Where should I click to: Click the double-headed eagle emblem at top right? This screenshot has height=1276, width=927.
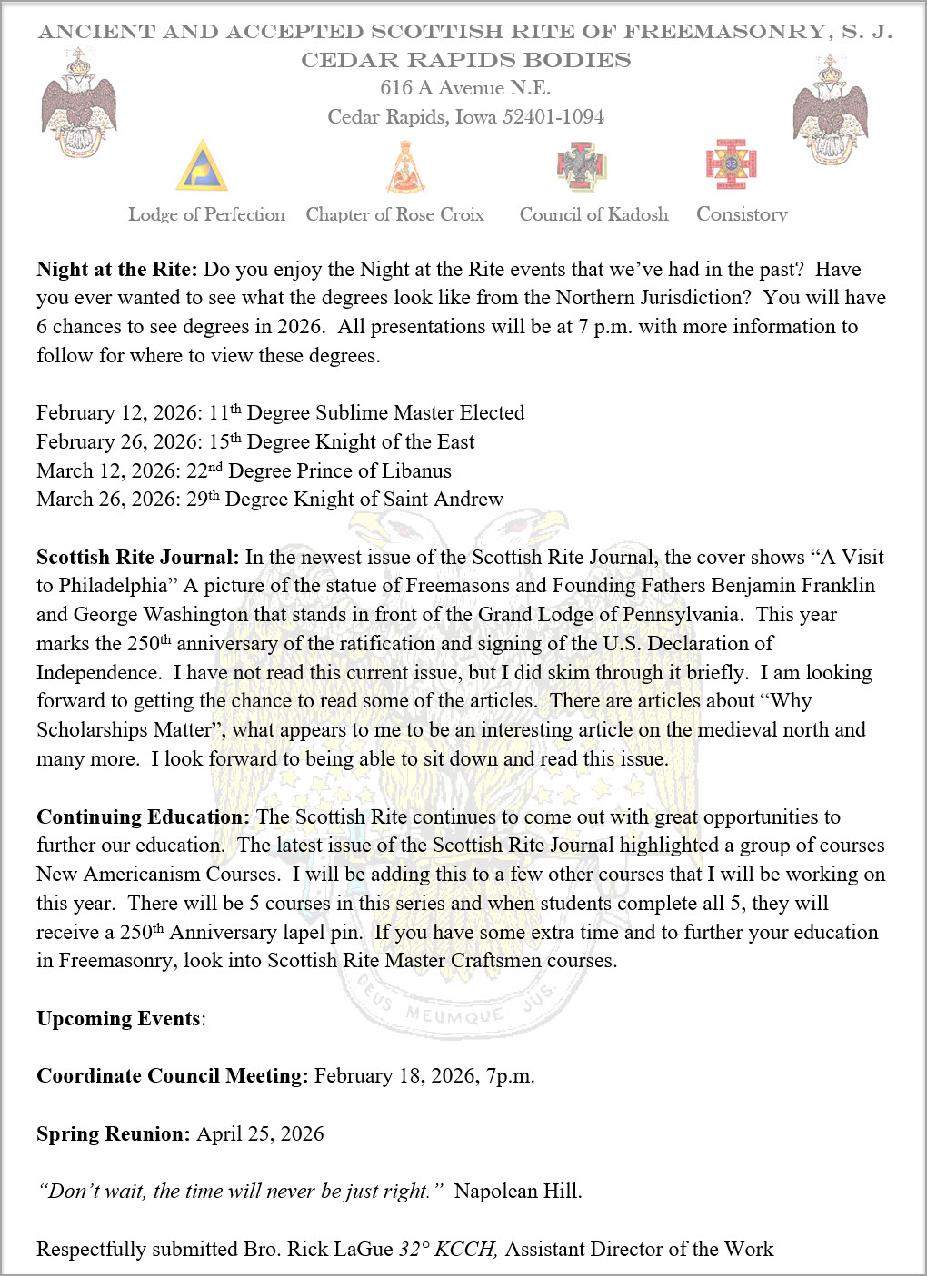tap(831, 110)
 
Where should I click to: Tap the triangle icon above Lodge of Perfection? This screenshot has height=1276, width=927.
tap(202, 165)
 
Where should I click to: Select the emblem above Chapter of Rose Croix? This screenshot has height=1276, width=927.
tap(405, 167)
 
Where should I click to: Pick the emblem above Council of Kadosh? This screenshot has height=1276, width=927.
tap(581, 165)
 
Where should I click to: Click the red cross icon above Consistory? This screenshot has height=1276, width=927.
tap(732, 164)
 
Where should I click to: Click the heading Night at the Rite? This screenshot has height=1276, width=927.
tap(116, 270)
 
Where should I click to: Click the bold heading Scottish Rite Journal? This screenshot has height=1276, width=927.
tap(137, 558)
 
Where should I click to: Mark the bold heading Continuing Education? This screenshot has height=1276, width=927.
tap(143, 817)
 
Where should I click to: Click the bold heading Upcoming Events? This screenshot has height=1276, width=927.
tap(118, 1019)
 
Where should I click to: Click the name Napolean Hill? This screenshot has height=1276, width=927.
tap(516, 1192)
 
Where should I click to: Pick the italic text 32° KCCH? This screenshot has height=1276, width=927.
tap(448, 1250)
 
